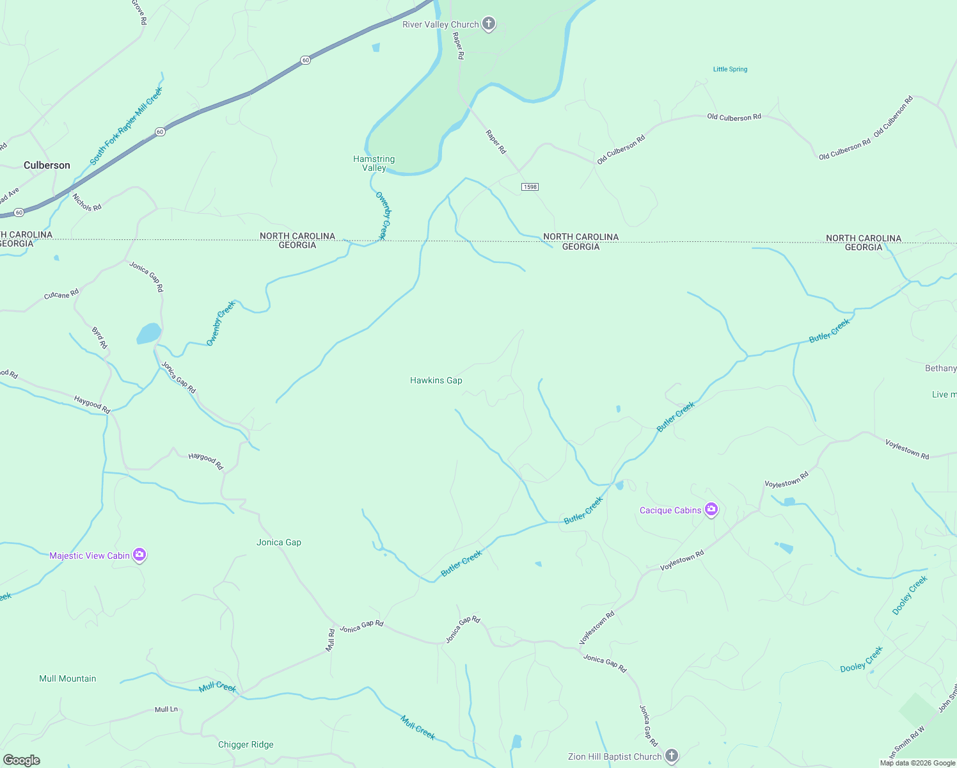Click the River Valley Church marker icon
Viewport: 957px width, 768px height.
[x=489, y=24]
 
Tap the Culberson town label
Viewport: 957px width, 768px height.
[x=47, y=165]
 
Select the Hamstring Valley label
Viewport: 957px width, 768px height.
[x=374, y=163]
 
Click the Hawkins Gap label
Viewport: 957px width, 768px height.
[x=436, y=380]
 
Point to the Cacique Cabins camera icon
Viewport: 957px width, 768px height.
[x=711, y=509]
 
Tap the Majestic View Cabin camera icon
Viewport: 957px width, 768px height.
[x=139, y=555]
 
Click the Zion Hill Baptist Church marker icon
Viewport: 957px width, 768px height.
[x=671, y=756]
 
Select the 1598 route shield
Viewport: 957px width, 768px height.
[x=530, y=187]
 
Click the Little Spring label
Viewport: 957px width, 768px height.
[x=730, y=69]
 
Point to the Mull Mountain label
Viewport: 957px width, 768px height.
[x=68, y=678]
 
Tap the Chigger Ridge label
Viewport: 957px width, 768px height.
[x=246, y=744]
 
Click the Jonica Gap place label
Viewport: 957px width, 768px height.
[x=279, y=542]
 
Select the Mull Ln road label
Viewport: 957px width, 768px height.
[x=166, y=709]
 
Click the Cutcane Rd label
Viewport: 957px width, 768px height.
[x=61, y=294]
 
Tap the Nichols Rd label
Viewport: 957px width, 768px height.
[x=87, y=202]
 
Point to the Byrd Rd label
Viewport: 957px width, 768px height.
[x=100, y=338]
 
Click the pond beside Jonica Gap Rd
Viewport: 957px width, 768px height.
[x=149, y=333]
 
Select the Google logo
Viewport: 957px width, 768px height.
[x=22, y=760]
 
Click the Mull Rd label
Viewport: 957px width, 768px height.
[x=331, y=640]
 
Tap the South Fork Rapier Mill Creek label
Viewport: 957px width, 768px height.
[x=127, y=125]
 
